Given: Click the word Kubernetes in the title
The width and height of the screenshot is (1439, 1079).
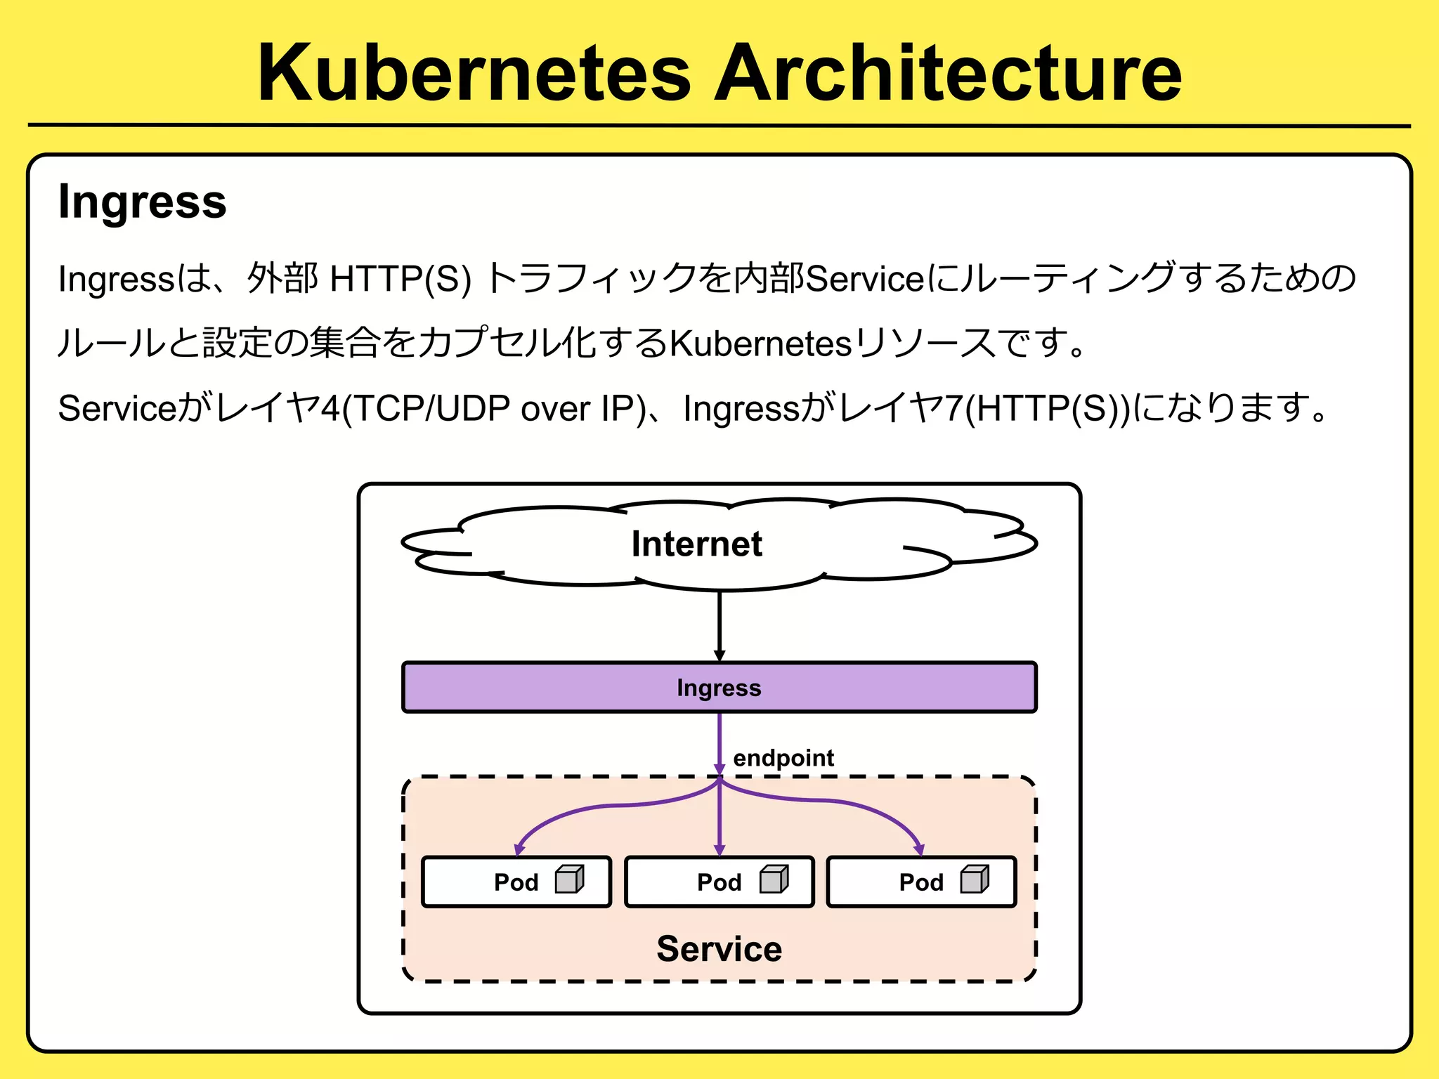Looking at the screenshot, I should pos(474,73).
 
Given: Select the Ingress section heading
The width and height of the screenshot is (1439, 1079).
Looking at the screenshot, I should pos(142,202).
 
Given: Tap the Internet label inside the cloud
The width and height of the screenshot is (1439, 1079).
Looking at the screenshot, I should pos(696,544).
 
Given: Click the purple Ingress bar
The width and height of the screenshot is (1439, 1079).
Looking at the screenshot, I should pos(719,687).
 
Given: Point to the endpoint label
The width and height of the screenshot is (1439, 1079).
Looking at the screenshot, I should pos(783,758).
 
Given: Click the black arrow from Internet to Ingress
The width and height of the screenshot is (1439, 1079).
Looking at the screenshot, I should pos(719,625).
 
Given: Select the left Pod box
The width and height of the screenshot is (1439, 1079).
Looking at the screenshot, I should pos(516,882).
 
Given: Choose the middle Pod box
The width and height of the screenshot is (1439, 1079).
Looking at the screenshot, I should pos(719,882).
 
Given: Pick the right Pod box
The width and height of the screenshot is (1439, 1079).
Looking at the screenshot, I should pos(921,882).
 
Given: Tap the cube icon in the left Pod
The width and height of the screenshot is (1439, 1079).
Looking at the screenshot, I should pos(569,879).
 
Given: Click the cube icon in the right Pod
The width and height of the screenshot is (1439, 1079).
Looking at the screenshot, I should pos(975,879).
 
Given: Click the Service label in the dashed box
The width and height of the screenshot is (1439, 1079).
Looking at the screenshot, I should pos(719,949).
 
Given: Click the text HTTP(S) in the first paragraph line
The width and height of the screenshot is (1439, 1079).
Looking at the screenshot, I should pos(401,279).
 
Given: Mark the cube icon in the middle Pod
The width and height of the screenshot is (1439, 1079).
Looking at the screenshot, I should pos(774,879).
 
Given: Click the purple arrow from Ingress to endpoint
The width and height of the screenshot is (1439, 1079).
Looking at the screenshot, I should pos(719,741).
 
